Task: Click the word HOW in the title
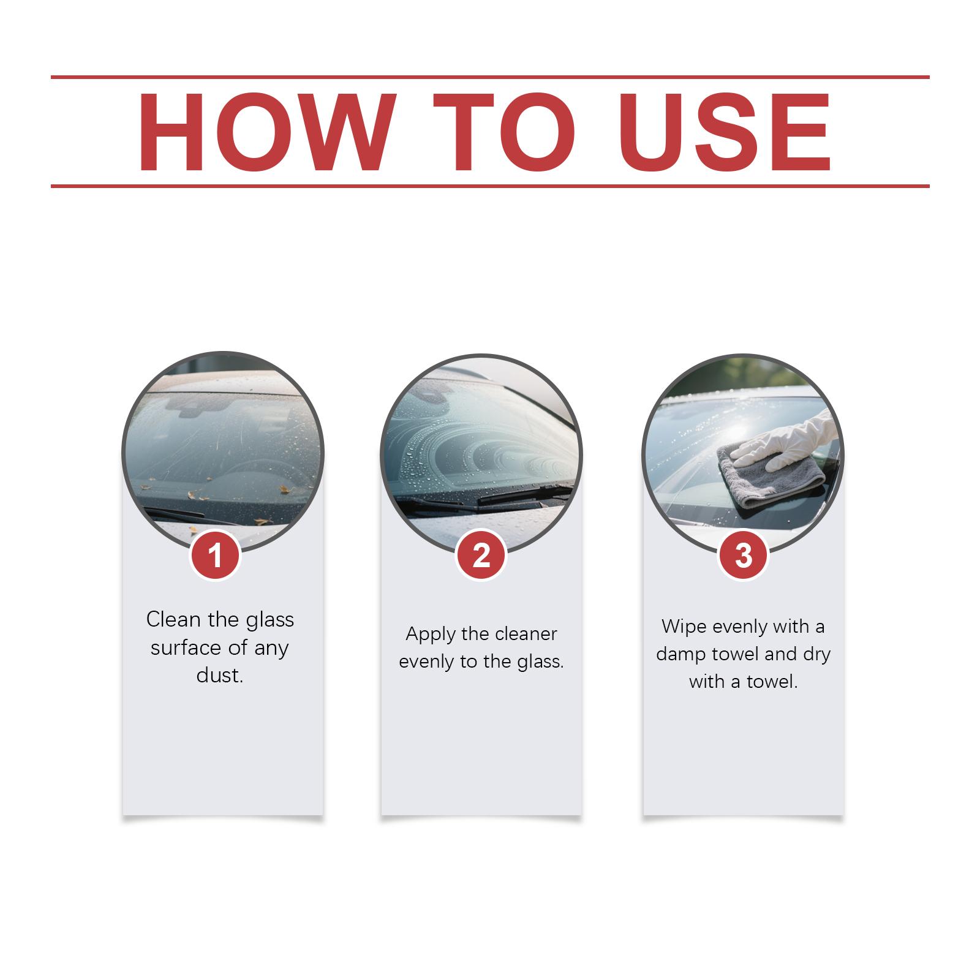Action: click(x=265, y=132)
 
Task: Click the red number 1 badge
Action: click(x=215, y=556)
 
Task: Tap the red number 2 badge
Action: click(x=481, y=556)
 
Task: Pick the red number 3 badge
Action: click(x=743, y=556)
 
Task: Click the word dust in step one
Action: click(x=220, y=675)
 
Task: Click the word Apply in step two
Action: click(x=431, y=635)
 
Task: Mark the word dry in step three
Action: click(x=816, y=655)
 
